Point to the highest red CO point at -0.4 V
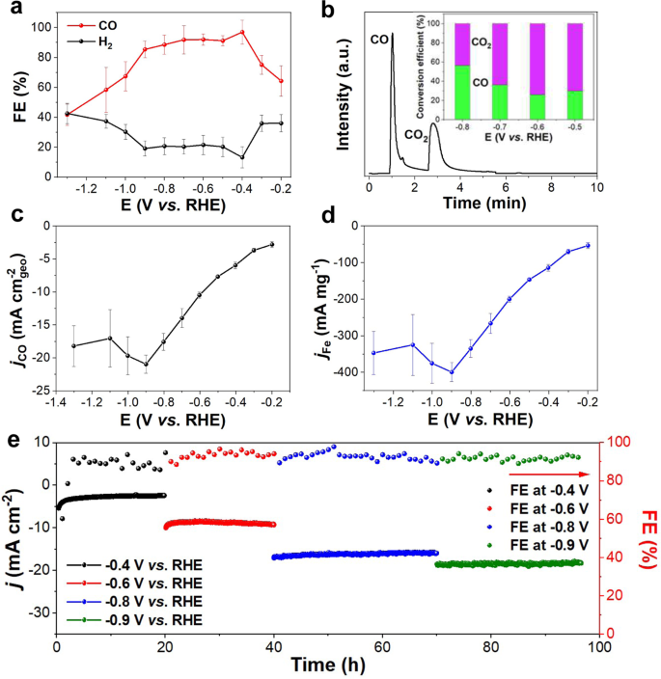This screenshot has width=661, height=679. click(x=242, y=32)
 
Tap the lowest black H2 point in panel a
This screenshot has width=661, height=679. click(x=242, y=157)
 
